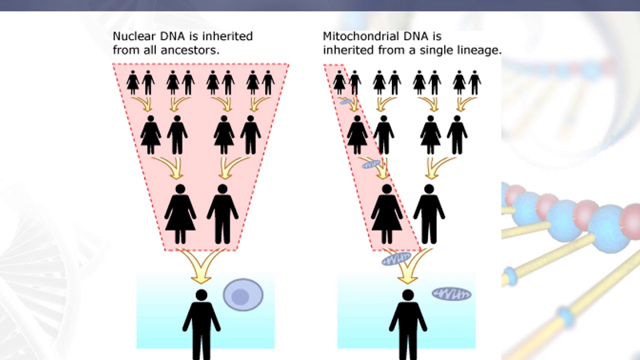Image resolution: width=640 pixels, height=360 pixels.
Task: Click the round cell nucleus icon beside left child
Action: (242, 295)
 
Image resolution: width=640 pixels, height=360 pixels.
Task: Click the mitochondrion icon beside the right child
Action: (451, 293)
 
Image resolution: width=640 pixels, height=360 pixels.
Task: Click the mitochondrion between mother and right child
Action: (396, 259)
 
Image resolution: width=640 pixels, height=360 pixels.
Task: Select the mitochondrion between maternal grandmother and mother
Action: (371, 163)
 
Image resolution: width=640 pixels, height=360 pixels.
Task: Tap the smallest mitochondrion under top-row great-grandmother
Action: (346, 102)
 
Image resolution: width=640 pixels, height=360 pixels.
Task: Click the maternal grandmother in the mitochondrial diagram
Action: (357, 135)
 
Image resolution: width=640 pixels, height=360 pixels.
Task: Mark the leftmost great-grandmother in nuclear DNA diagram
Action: (132, 82)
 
